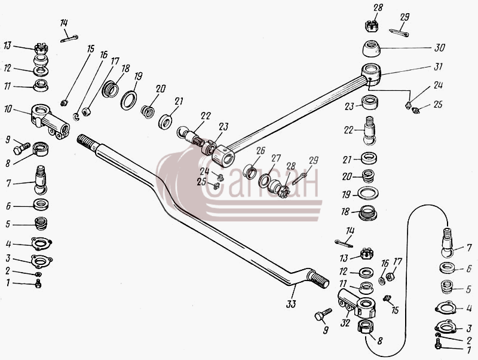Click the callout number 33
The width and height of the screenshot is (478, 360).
click(291, 304)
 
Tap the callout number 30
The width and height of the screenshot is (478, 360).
click(440, 48)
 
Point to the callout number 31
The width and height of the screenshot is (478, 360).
click(438, 66)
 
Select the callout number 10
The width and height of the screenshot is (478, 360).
click(8, 109)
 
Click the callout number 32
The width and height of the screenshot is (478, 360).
click(345, 323)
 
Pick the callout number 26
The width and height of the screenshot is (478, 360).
click(261, 151)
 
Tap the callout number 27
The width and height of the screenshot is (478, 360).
click(276, 158)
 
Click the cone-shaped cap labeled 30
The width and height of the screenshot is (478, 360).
click(372, 48)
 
